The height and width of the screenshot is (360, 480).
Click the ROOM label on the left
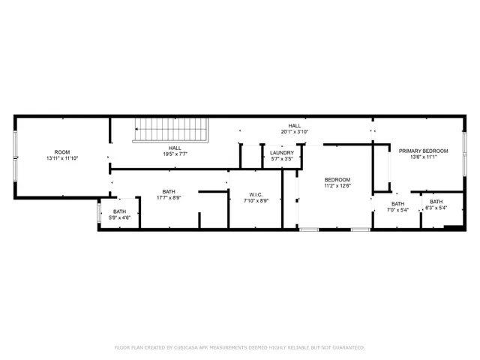[x=61, y=151]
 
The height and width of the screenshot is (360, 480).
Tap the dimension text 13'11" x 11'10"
[x=61, y=158]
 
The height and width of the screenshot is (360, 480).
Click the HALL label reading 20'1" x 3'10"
[x=295, y=125]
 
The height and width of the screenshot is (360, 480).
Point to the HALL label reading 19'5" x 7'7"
[x=175, y=148]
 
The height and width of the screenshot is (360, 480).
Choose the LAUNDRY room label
[x=281, y=152]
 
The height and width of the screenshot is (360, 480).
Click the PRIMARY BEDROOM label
[x=423, y=151]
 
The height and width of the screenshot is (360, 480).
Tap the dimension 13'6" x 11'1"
[x=423, y=157]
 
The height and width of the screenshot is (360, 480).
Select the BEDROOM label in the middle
[x=337, y=180]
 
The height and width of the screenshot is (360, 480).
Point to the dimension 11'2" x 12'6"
[x=337, y=186]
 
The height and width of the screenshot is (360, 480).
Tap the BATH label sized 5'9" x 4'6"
[x=120, y=211]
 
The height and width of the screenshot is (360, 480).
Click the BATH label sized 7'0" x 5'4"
[x=397, y=203]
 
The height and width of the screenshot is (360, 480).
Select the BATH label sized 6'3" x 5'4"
[x=436, y=201]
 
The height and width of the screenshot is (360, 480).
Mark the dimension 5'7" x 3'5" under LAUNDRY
[x=281, y=159]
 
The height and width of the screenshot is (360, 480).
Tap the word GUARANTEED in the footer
[x=348, y=347]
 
